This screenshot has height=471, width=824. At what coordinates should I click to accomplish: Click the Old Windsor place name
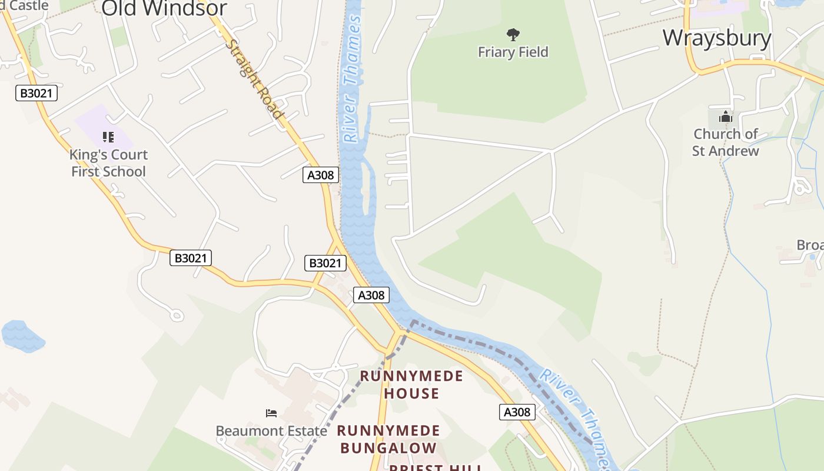[164, 8]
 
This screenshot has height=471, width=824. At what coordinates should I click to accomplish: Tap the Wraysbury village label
[716, 38]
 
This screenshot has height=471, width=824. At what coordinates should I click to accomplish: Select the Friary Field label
[513, 52]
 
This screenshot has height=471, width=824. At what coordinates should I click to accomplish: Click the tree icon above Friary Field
[513, 35]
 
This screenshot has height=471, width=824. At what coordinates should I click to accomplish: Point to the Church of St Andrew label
[725, 142]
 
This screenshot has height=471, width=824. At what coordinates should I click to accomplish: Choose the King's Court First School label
[108, 163]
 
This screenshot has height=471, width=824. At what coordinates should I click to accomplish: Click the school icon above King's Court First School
[108, 137]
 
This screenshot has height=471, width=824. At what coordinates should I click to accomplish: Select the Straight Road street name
[255, 79]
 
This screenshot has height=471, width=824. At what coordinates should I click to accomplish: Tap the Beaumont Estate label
[271, 431]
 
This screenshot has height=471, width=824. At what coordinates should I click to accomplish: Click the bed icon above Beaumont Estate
[271, 413]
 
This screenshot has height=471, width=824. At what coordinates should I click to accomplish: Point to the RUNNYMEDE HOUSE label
[411, 384]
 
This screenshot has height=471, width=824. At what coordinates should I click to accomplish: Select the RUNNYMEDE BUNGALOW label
[388, 439]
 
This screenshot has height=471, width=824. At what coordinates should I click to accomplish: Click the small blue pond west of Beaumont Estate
[22, 336]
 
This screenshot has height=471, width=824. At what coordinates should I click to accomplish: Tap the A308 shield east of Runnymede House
[517, 412]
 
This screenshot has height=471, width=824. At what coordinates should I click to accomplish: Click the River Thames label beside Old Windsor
[352, 79]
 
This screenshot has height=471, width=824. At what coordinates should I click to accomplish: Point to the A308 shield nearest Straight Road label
[321, 175]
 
